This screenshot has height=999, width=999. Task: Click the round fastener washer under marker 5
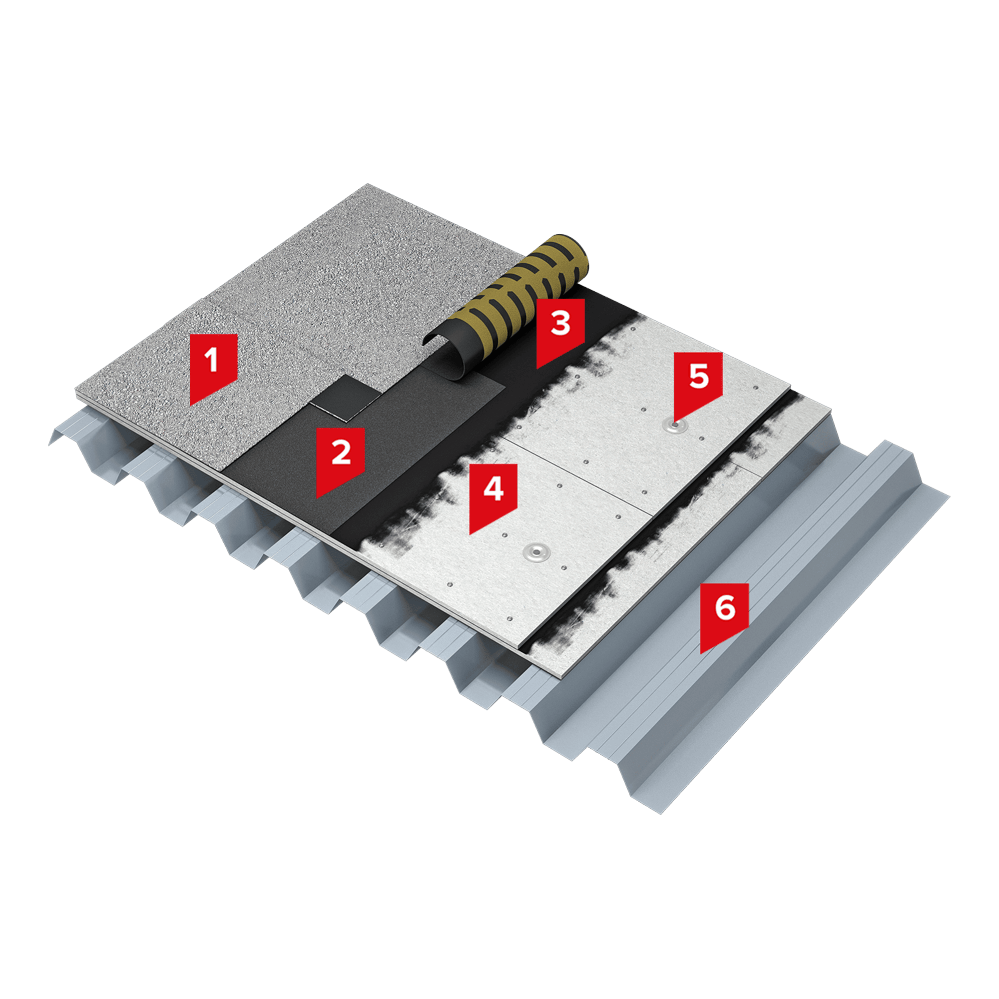pyautogui.click(x=676, y=426)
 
